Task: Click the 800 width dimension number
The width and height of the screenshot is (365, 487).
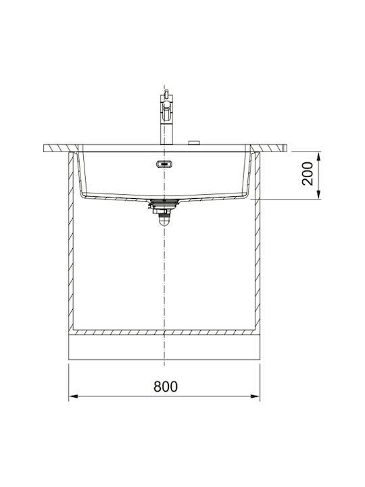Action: coord(166,386)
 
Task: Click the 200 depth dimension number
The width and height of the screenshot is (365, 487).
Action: coord(308,174)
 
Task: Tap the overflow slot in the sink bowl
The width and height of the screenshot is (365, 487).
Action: coord(164,164)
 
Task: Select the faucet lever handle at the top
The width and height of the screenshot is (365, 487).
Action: coord(167,93)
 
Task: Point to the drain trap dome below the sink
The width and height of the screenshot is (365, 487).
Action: coord(164,221)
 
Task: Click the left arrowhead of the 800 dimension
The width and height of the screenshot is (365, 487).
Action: coord(72,396)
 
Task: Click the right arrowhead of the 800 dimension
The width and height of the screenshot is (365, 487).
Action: coord(255,396)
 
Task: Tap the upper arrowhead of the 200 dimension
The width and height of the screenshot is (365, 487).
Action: coord(318,156)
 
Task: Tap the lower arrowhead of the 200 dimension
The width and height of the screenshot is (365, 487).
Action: coord(318,195)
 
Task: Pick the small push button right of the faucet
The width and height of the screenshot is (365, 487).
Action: coord(194,143)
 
